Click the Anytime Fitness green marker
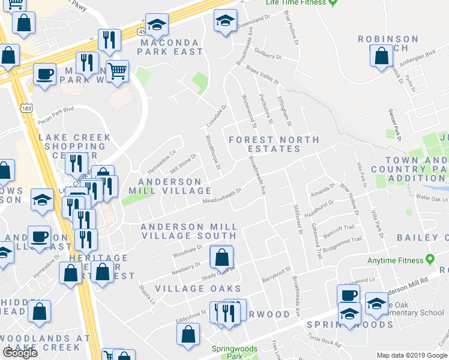tap(430, 260)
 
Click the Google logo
tap(20, 353)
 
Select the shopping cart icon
tap(117, 71)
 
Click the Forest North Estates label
tap(274, 144)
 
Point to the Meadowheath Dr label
tap(221, 196)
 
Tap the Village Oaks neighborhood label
tap(189, 289)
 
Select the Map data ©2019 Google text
tap(412, 355)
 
